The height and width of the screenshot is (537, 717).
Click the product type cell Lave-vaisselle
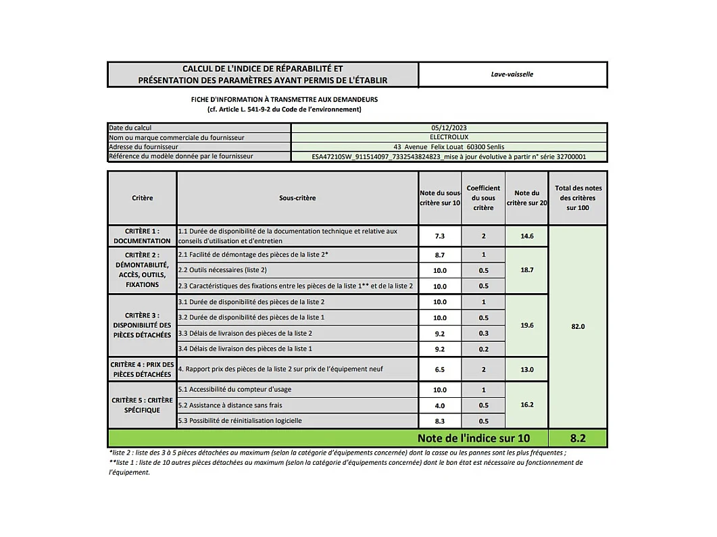[x=512, y=74]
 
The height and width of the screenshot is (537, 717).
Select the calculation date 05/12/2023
[x=449, y=128]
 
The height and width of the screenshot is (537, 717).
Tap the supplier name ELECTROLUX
[x=449, y=137]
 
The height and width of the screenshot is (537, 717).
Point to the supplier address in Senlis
[x=449, y=147]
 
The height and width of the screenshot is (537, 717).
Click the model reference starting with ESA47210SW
[x=449, y=157]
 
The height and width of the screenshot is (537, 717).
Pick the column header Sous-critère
[x=297, y=198]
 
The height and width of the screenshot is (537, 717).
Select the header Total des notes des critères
[x=578, y=198]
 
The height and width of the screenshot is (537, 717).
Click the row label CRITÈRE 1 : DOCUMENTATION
[x=142, y=236]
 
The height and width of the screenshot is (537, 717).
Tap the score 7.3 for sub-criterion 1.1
[x=440, y=236]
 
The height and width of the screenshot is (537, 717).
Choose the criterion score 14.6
[x=526, y=236]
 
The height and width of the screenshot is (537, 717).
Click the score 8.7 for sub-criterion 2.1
[x=440, y=255]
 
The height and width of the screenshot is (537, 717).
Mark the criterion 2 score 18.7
[x=526, y=270]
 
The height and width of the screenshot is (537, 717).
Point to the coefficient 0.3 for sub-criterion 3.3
[x=483, y=333]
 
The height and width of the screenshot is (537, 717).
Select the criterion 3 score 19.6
[x=526, y=326]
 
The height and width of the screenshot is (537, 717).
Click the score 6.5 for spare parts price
[x=440, y=369]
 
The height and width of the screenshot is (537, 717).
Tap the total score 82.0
[x=578, y=326]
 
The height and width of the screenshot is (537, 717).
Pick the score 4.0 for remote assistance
[x=440, y=405]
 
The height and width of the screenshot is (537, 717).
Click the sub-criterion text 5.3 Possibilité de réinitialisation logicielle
[x=240, y=421]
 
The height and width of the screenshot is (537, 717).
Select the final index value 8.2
[x=578, y=438]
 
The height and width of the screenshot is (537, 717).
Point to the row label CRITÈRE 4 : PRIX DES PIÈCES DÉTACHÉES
[x=142, y=369]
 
